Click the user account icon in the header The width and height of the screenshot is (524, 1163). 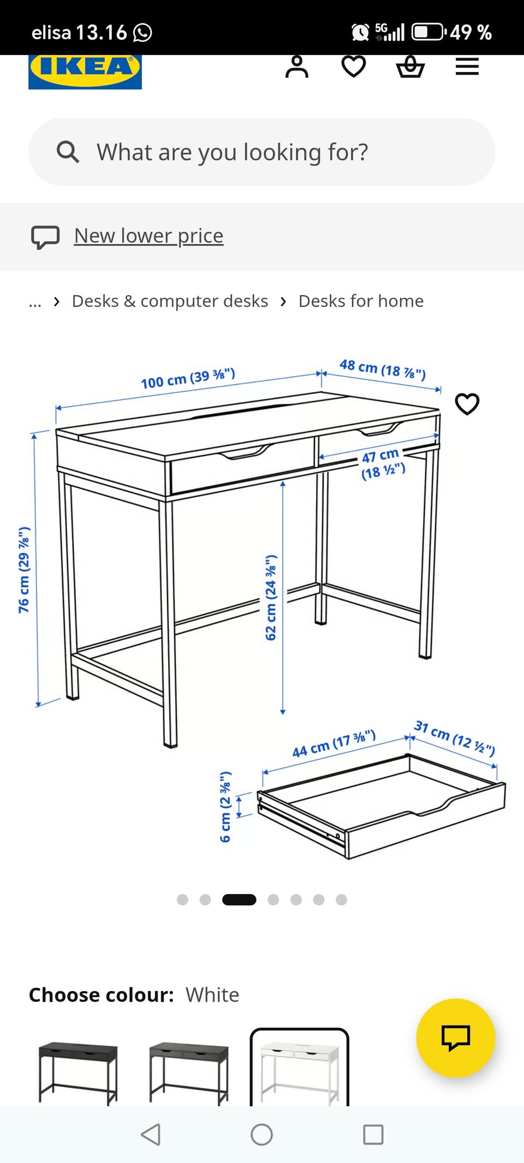[x=297, y=67]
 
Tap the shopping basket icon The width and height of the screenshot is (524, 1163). [x=410, y=67]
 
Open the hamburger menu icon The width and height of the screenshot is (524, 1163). [x=467, y=67]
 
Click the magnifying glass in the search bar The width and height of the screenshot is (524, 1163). [x=68, y=152]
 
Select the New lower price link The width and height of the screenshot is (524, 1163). [x=148, y=236]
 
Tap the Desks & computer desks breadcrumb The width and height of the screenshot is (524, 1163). [x=170, y=301]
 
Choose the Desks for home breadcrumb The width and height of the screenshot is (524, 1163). [x=361, y=301]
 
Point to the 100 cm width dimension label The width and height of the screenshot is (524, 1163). [x=188, y=378]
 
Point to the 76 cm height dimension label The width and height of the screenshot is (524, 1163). [x=24, y=570]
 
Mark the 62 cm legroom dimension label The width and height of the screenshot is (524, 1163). [x=271, y=598]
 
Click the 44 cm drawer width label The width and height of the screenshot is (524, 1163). [x=334, y=743]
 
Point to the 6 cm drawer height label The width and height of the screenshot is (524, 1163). [x=225, y=807]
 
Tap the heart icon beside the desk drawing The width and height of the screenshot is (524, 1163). [x=467, y=404]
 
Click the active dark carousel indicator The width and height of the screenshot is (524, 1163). [x=239, y=899]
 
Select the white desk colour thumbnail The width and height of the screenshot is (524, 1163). [x=299, y=1067]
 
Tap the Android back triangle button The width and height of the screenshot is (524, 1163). [x=151, y=1135]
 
